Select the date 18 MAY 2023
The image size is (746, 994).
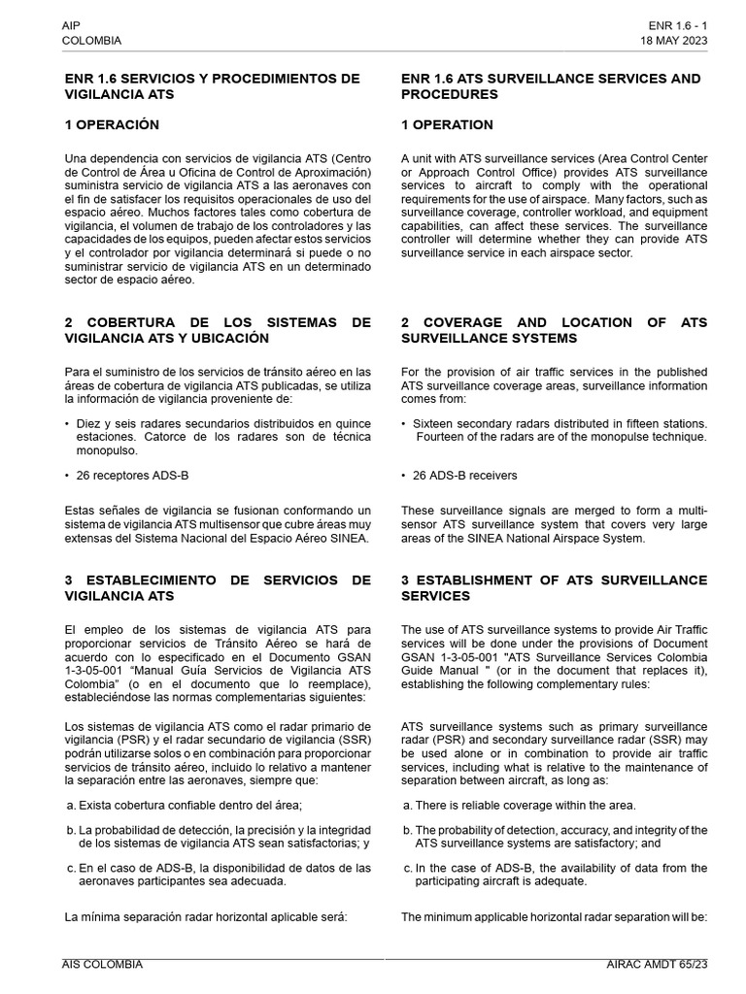673,41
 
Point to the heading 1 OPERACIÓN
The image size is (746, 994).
112,125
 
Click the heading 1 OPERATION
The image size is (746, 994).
447,125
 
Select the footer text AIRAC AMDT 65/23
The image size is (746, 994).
657,964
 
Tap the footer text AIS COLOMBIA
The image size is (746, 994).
103,964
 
